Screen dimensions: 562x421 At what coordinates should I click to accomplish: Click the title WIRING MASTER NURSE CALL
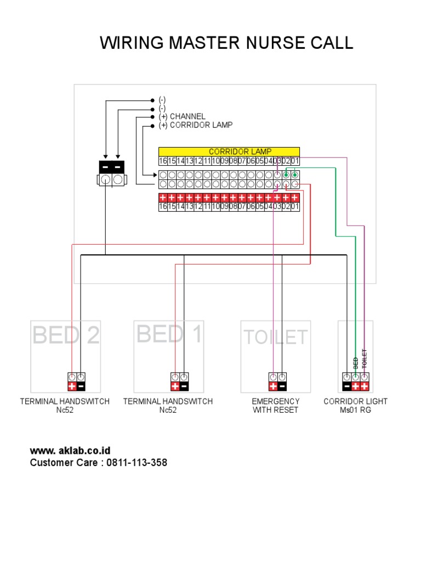(226, 43)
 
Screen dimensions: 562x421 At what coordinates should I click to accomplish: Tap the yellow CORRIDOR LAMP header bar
(229, 151)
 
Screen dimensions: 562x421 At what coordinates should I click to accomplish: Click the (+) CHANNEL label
(182, 116)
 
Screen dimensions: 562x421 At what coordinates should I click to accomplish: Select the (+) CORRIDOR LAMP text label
(196, 125)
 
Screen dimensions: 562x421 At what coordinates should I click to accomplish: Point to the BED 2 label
(66, 335)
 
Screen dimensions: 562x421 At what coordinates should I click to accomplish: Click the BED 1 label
(169, 334)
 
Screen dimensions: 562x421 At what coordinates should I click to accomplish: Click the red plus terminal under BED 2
(72, 386)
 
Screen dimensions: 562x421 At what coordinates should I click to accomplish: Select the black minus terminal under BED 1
(184, 386)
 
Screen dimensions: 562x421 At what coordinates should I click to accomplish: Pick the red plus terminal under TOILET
(273, 386)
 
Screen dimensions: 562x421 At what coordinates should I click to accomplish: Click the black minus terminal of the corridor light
(347, 386)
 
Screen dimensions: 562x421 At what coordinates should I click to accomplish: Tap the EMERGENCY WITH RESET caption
(276, 406)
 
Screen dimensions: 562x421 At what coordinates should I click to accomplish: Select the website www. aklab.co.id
(70, 451)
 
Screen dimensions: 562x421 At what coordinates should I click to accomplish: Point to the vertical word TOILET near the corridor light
(365, 358)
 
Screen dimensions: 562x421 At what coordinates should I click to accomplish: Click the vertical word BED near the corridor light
(356, 362)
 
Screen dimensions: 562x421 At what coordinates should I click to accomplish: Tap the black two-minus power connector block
(111, 166)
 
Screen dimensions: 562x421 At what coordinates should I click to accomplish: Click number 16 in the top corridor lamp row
(163, 161)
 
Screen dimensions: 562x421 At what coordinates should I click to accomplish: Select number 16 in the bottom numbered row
(163, 207)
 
